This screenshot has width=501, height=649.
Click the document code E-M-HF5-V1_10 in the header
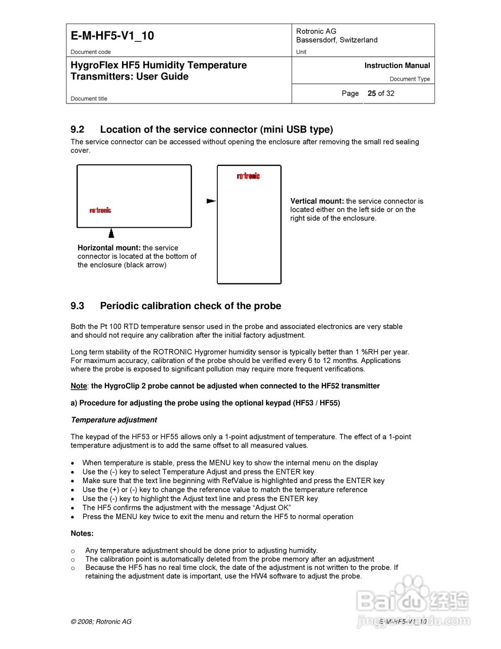[112, 36]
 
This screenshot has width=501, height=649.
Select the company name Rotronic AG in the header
[316, 31]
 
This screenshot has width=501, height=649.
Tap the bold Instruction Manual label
[397, 65]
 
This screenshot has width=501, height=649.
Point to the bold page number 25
[372, 93]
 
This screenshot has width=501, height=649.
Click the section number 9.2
[78, 129]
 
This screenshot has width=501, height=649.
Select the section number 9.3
[78, 306]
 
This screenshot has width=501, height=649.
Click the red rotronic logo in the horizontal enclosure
[100, 210]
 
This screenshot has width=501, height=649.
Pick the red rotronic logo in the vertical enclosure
[248, 176]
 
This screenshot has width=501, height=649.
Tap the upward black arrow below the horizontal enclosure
[111, 233]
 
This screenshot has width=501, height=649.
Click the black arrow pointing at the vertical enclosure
[211, 201]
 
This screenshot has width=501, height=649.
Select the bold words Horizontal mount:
[109, 248]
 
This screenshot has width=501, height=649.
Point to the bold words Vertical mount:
[317, 201]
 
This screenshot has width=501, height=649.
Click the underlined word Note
[79, 386]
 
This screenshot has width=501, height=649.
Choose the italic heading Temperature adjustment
[114, 420]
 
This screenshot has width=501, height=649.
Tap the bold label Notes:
[82, 533]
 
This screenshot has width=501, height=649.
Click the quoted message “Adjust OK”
[272, 508]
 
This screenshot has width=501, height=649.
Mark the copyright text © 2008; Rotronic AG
[101, 622]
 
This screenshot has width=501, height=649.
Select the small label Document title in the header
[89, 99]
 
